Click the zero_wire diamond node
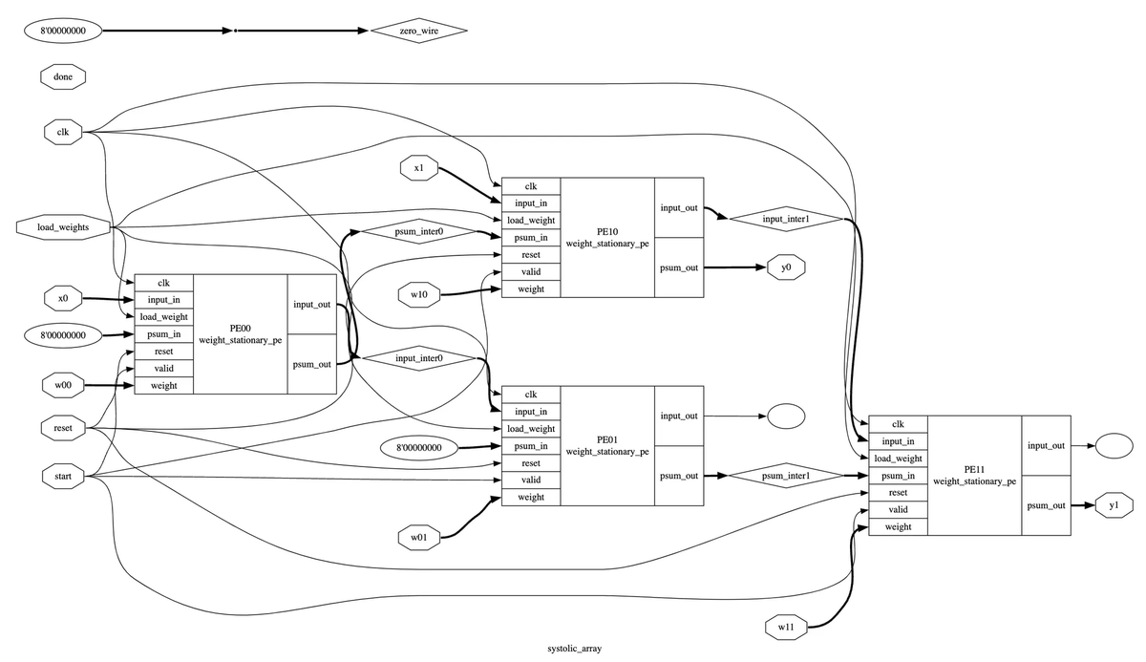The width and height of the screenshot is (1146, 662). point(419,31)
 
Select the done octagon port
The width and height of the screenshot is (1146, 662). point(63,76)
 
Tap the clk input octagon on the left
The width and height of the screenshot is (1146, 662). point(63,132)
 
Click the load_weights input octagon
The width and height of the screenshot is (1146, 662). point(63,227)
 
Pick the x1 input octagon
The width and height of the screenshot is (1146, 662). point(419,168)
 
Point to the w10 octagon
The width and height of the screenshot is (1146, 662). point(419,294)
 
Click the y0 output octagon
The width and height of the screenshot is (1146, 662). point(786,267)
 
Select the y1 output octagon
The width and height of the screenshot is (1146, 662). point(1114,505)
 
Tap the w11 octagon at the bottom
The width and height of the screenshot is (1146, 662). point(786,627)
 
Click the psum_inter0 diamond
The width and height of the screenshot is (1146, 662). point(419,231)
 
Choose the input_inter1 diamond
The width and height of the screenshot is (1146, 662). point(786,219)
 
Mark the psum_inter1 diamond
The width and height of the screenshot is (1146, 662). point(786,476)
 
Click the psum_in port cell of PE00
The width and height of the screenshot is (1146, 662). point(163,334)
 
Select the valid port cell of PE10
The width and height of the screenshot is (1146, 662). point(531,271)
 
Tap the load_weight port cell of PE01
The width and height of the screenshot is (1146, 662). point(531,429)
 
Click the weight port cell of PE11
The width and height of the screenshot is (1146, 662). point(898,527)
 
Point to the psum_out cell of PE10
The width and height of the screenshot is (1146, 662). point(679,267)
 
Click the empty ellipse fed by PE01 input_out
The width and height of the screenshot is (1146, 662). point(786,416)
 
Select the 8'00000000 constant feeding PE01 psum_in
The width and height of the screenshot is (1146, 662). point(419,448)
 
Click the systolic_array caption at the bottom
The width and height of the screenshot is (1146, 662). point(575,649)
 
